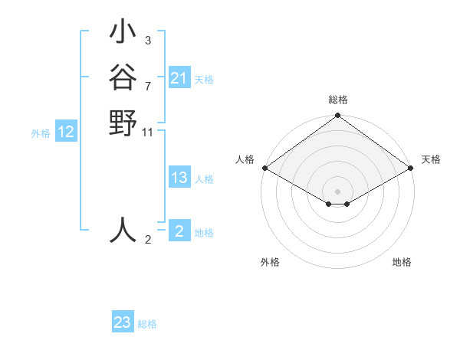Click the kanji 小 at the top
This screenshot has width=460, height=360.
tap(123, 34)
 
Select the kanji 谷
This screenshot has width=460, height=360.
tap(123, 78)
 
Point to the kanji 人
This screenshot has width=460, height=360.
tap(123, 230)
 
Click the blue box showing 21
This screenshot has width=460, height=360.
tap(179, 78)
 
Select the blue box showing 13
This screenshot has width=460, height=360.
tap(179, 178)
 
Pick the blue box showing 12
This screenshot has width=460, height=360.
tap(66, 133)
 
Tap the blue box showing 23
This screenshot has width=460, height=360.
tap(123, 322)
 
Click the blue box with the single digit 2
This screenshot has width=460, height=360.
tap(179, 231)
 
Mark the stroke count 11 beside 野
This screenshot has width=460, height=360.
tap(148, 133)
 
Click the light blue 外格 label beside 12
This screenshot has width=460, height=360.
tap(41, 133)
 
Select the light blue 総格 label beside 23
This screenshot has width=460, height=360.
tap(147, 324)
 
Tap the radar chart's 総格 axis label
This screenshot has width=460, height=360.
tap(337, 100)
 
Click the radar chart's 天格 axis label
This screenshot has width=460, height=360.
tap(431, 159)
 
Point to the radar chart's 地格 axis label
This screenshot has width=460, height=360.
tap(402, 262)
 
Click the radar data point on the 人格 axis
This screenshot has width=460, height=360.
tap(264, 168)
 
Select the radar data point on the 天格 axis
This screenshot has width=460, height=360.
tap(411, 168)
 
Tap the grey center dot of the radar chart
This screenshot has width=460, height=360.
tap(337, 191)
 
